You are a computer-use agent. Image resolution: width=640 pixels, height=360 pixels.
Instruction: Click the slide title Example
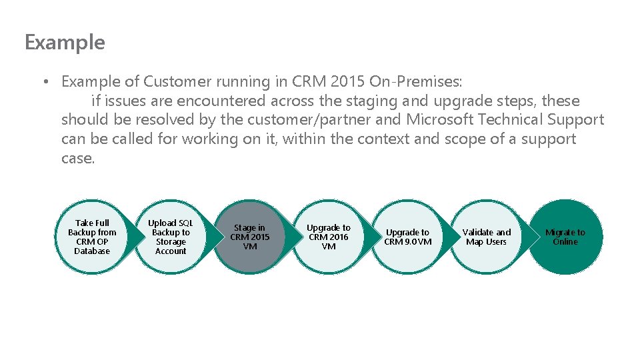(65, 43)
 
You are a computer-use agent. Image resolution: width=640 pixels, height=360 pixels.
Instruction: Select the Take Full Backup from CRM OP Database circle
(92, 237)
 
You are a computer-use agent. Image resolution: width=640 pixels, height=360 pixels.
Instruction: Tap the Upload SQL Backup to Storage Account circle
(171, 237)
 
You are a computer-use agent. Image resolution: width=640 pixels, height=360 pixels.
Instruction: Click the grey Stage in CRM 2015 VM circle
(250, 237)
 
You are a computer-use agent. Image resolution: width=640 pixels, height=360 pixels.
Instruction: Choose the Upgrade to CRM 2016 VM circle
(329, 237)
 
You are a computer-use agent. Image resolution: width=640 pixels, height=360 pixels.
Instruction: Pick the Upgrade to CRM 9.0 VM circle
(407, 237)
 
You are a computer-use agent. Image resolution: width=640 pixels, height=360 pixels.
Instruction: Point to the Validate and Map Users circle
(487, 237)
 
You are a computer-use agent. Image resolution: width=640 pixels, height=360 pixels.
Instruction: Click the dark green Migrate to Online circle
(565, 237)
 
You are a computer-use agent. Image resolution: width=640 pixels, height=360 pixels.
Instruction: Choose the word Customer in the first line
(176, 82)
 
